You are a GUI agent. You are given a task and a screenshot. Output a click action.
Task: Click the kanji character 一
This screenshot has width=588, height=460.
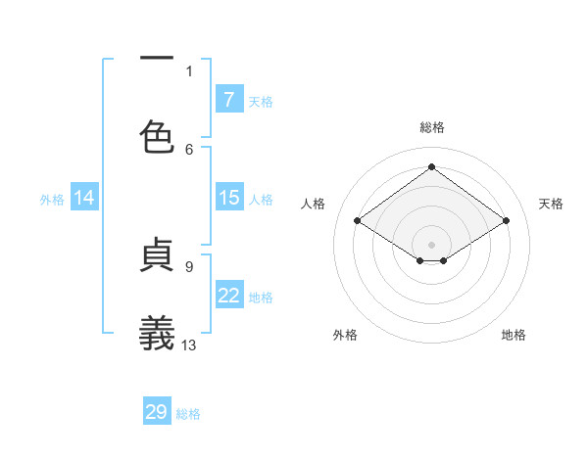(157, 59)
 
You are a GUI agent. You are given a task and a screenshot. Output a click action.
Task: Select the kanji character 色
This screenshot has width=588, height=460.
(157, 136)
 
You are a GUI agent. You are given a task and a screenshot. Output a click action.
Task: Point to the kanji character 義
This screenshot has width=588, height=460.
(157, 333)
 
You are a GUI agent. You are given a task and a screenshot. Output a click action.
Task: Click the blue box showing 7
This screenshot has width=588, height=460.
(229, 99)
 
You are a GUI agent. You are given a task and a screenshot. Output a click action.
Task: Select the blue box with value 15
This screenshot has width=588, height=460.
(229, 198)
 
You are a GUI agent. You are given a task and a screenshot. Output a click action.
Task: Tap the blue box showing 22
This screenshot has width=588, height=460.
(229, 296)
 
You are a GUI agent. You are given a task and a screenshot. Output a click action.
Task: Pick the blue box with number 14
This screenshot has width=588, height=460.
(84, 198)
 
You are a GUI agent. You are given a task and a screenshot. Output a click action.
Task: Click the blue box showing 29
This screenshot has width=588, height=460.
(157, 412)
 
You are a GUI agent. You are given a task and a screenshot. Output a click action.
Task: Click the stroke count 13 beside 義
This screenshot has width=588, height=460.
(189, 345)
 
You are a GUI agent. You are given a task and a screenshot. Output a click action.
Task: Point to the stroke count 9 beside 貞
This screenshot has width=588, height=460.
(189, 265)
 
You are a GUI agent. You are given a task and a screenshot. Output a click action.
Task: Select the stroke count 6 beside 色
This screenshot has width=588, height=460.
(189, 149)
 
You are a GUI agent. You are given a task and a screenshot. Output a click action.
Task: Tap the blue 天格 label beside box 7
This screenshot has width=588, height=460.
(261, 101)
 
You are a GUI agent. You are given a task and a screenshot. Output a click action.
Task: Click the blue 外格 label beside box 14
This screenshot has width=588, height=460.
(52, 200)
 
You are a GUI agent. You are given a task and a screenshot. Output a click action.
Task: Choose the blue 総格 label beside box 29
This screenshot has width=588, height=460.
(188, 414)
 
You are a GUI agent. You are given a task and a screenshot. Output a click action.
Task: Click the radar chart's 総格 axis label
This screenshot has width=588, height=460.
(432, 127)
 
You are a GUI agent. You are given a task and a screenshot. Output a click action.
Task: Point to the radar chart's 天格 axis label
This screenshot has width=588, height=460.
(552, 204)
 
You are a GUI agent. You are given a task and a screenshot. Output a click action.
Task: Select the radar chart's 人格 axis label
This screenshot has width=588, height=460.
(314, 204)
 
